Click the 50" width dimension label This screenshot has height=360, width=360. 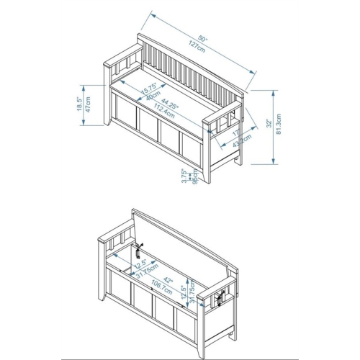(x=204, y=37)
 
